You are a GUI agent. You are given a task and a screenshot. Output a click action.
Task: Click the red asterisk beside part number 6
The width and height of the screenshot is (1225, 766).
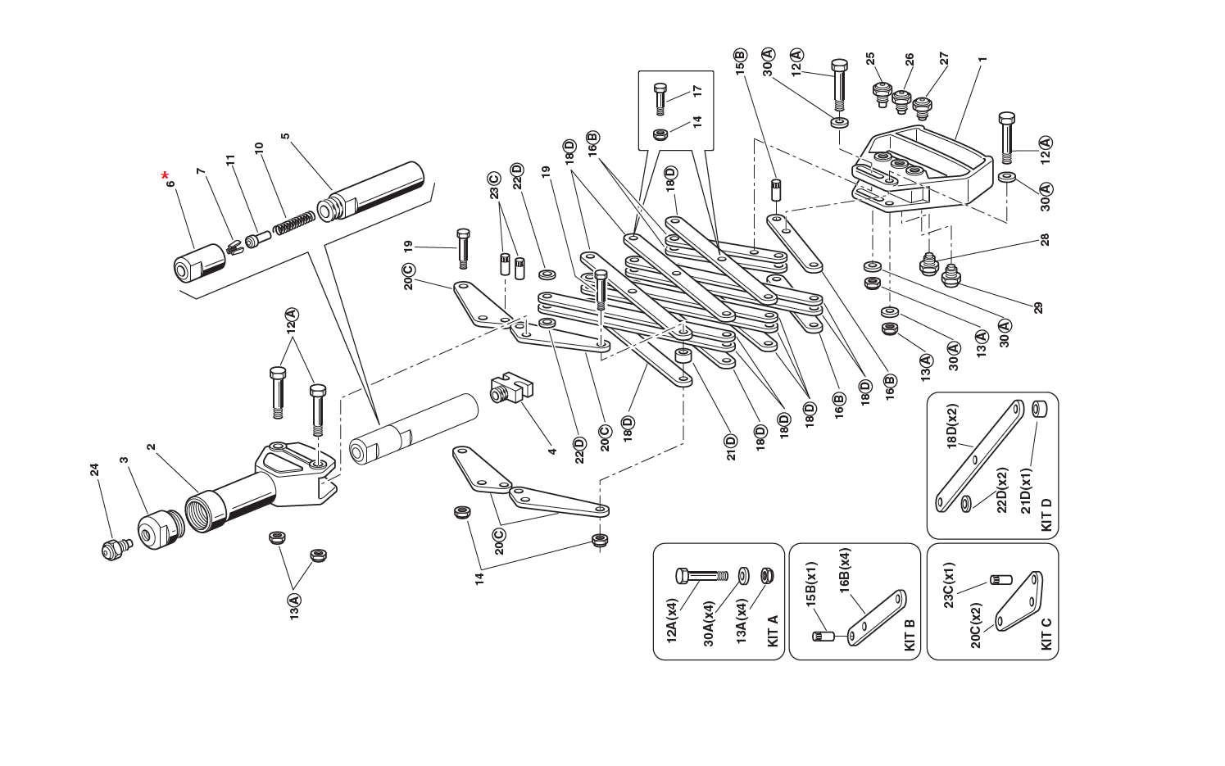pyautogui.click(x=166, y=175)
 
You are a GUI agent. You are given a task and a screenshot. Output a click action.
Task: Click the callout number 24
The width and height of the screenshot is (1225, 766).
pyautogui.click(x=95, y=469)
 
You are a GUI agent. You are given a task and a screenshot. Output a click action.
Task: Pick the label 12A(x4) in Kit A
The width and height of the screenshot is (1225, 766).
pyautogui.click(x=673, y=620)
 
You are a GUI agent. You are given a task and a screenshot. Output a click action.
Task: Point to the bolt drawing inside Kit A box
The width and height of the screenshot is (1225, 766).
pyautogui.click(x=701, y=576)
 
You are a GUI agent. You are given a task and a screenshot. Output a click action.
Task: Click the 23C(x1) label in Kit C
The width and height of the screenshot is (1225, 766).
pyautogui.click(x=949, y=586)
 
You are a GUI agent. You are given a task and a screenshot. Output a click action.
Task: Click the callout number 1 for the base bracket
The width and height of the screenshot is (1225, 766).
pyautogui.click(x=982, y=59)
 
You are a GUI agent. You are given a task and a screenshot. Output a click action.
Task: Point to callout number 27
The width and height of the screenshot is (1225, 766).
pyautogui.click(x=944, y=59)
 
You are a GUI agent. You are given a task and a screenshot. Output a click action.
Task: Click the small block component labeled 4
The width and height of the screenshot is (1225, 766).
pyautogui.click(x=510, y=389)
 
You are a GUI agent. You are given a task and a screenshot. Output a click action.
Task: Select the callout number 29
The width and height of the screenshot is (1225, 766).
pyautogui.click(x=1038, y=308)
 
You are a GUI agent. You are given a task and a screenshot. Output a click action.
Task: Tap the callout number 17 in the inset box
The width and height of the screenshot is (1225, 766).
pyautogui.click(x=697, y=90)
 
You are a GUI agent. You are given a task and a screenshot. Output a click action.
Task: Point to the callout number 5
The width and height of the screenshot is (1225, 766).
pyautogui.click(x=285, y=137)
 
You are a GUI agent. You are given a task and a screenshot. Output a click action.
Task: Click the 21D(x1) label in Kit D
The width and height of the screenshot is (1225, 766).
pyautogui.click(x=1026, y=491)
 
